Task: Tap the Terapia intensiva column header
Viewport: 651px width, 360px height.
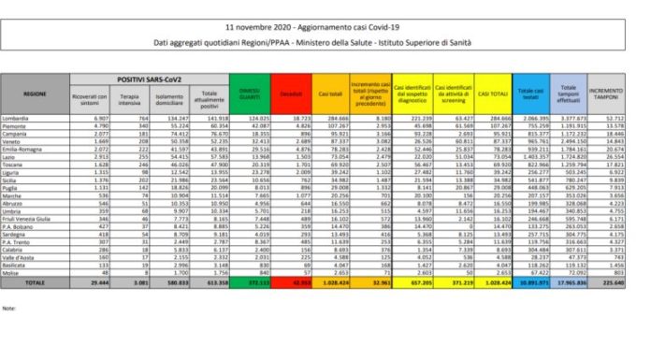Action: pos(123,96)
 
